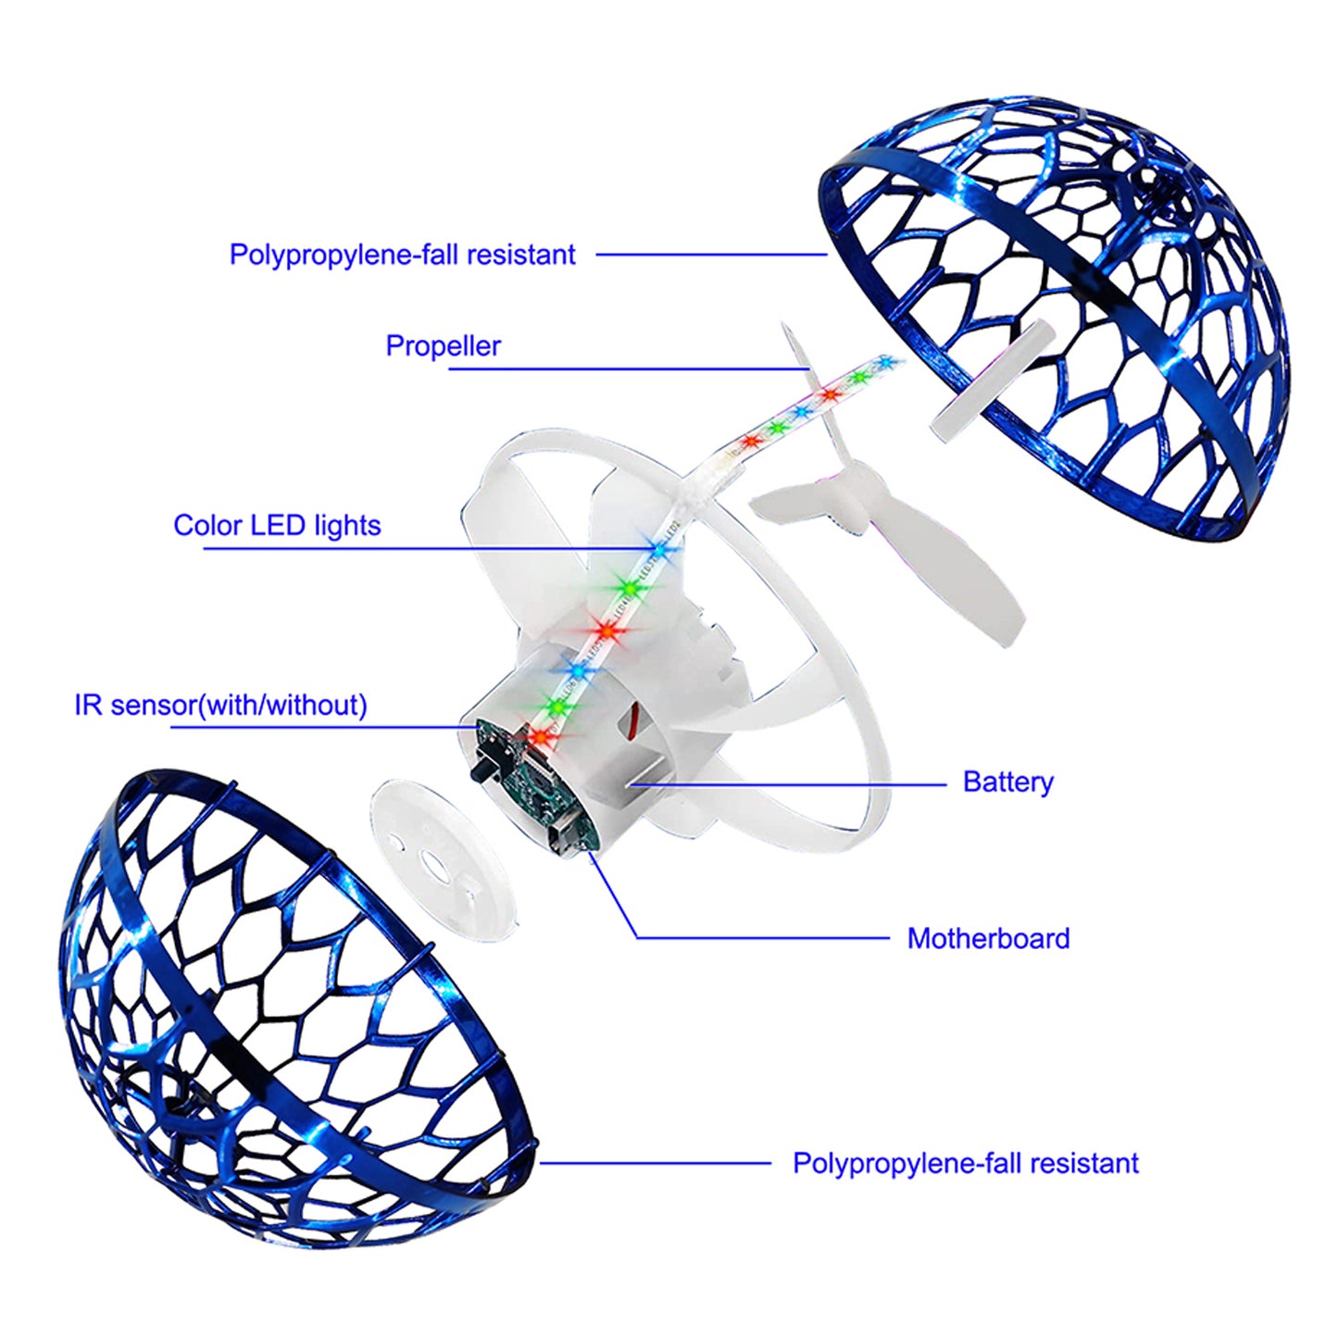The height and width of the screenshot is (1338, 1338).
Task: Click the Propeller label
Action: coord(443,346)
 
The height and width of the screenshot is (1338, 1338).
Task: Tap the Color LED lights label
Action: coord(277,526)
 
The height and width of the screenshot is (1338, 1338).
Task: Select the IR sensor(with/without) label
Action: coord(220,706)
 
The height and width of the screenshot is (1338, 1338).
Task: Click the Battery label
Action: coord(1007,782)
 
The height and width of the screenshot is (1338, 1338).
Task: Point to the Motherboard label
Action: coord(988,939)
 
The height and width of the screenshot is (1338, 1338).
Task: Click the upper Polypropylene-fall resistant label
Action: coord(402,255)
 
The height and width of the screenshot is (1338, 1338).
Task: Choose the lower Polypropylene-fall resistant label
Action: coord(965,1164)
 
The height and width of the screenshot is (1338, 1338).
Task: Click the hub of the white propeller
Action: coord(857,500)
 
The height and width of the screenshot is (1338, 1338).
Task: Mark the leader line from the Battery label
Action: coord(787,784)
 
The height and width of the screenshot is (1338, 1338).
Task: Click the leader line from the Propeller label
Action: coord(630,369)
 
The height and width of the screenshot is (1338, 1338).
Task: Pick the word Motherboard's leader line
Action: coord(759,938)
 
